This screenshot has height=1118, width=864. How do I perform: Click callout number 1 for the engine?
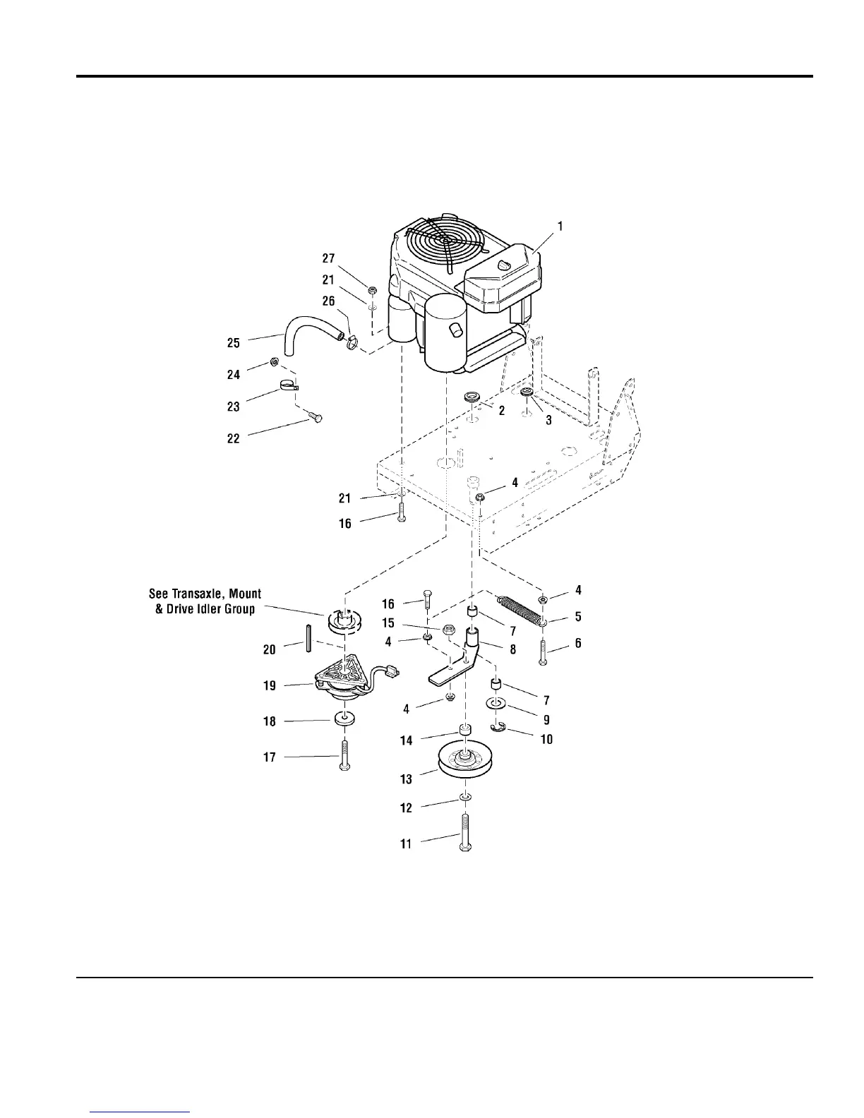coord(560,227)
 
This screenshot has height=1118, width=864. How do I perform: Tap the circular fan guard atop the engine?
coord(445,241)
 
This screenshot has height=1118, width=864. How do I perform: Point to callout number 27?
coord(329,259)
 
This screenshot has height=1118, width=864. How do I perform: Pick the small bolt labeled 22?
coord(315,418)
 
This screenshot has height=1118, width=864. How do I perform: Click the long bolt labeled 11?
coord(467,834)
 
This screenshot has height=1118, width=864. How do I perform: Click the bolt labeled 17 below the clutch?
coord(344,756)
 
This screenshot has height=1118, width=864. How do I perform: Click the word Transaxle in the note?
coord(207,594)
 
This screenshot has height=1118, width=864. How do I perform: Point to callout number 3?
coord(548,419)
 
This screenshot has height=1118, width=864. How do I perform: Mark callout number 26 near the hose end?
coord(328,301)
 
